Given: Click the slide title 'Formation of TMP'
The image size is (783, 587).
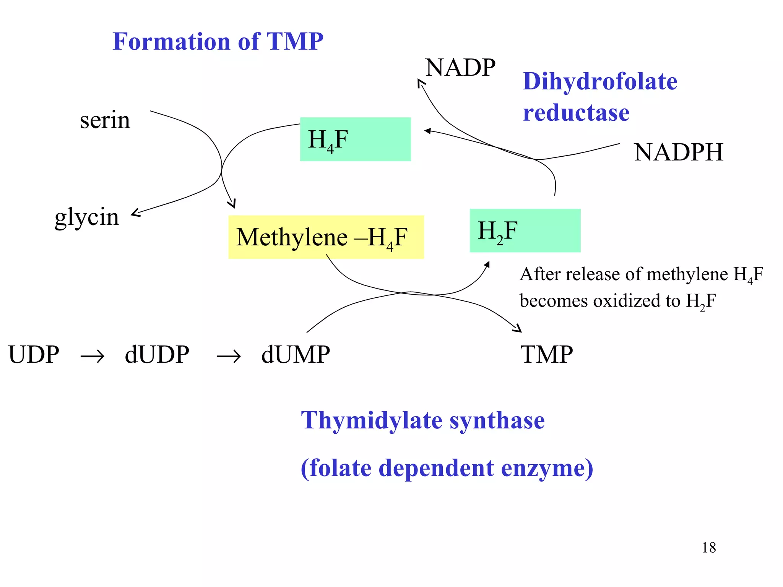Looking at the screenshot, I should pyautogui.click(x=218, y=41).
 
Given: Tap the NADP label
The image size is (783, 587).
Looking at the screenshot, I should pyautogui.click(x=460, y=68).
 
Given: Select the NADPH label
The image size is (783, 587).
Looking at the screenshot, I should pyautogui.click(x=678, y=152).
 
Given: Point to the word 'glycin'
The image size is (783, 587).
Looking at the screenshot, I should pyautogui.click(x=87, y=217).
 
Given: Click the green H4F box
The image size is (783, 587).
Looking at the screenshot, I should pyautogui.click(x=355, y=139).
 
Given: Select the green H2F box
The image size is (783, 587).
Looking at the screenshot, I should pyautogui.click(x=525, y=230).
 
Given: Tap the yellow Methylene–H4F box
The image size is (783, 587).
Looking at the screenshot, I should pyautogui.click(x=326, y=237).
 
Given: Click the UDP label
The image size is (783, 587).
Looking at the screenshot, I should pyautogui.click(x=34, y=354).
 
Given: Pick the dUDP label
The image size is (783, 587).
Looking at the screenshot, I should pyautogui.click(x=157, y=354).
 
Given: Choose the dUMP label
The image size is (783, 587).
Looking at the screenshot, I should pyautogui.click(x=295, y=354).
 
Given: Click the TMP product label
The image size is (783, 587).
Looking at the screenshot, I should pyautogui.click(x=546, y=354).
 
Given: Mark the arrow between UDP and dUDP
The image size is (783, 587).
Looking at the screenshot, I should pyautogui.click(x=92, y=357).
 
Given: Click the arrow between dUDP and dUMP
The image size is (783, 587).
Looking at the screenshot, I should pyautogui.click(x=229, y=357).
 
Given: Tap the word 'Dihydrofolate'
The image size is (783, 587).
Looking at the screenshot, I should pyautogui.click(x=600, y=81).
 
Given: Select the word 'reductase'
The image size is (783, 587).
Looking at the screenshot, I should pyautogui.click(x=576, y=113).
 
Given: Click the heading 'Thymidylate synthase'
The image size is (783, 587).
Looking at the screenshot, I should pyautogui.click(x=422, y=420).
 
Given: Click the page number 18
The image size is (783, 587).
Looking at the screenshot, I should pyautogui.click(x=708, y=548).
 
